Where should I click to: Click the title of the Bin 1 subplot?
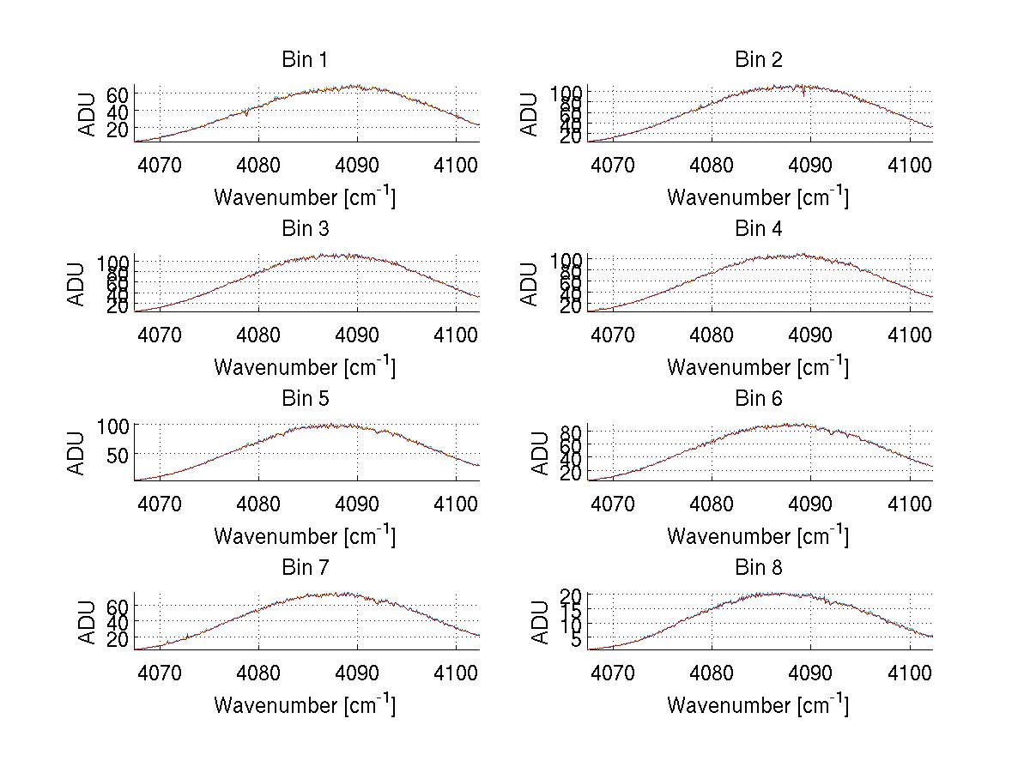[x=305, y=60]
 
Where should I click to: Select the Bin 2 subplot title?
[x=759, y=60]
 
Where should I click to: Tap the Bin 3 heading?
[x=305, y=229]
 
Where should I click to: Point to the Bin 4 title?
[x=759, y=229]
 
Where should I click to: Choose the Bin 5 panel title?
[x=305, y=399]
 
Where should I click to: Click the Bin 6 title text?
[x=759, y=399]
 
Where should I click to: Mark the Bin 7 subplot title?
[x=305, y=568]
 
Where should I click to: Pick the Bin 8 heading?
[x=759, y=568]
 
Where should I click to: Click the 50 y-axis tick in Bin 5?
[x=118, y=454]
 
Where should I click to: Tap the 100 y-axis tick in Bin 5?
[x=112, y=426]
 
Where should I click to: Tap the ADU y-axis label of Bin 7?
[x=86, y=622]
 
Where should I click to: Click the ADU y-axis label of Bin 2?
[x=530, y=114]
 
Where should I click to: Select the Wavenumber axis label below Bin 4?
[x=758, y=366]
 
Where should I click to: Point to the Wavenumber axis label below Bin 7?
[x=305, y=705]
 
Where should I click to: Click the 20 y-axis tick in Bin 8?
[x=573, y=595]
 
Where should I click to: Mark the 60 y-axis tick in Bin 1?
[x=118, y=94]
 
